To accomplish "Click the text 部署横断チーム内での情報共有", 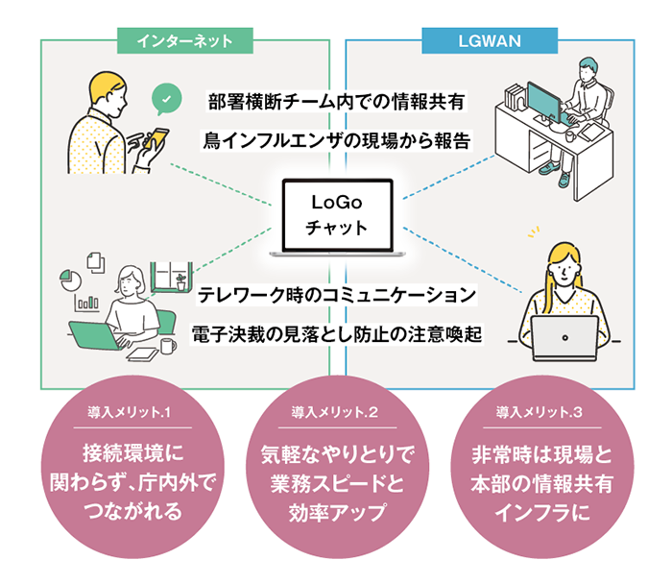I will pos(336,100).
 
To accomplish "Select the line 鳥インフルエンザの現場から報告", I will pos(336,140).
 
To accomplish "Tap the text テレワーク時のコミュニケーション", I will pos(336,291).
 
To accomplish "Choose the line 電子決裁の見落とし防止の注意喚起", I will pos(336,333).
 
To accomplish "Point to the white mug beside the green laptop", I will pos(168,345).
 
